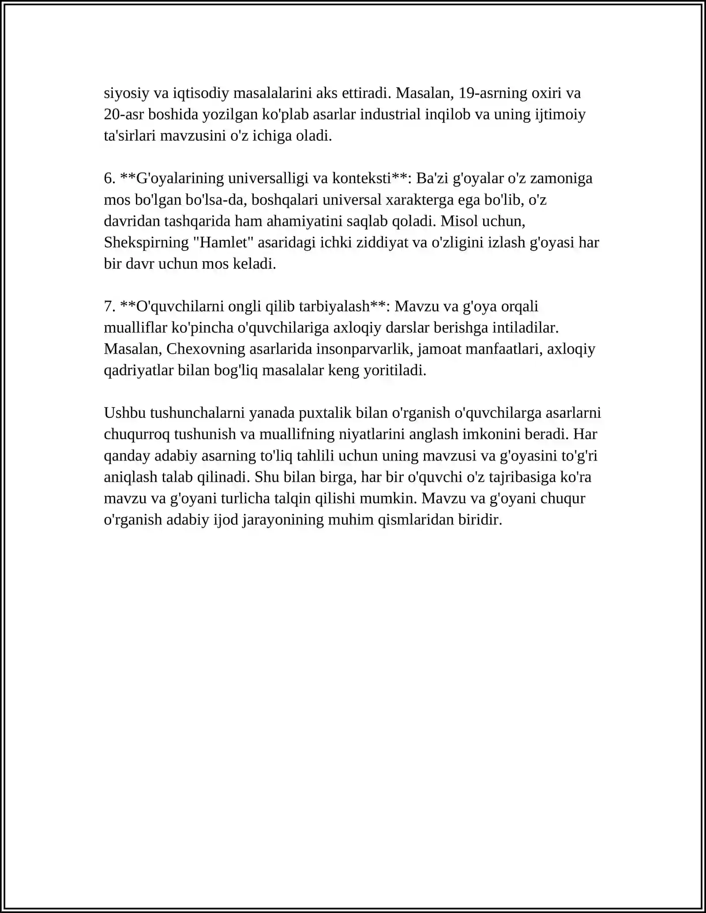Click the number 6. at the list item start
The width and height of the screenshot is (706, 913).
pos(109,179)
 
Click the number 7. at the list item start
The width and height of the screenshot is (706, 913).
pos(109,307)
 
